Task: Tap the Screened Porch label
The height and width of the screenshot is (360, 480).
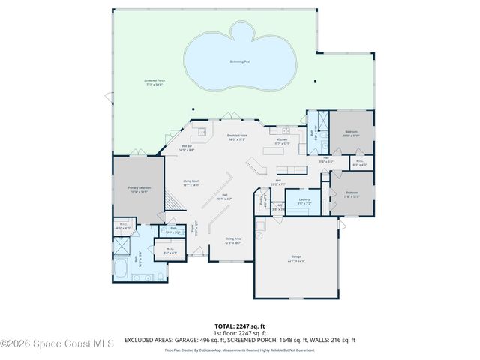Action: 154,82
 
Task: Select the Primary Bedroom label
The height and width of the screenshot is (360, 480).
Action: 139,189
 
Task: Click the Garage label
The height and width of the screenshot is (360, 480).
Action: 296,259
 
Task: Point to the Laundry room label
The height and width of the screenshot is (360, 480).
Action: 304,200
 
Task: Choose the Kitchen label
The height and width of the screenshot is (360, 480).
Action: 283,141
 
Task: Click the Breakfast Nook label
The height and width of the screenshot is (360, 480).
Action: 237,137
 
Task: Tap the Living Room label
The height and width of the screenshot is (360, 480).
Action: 191,182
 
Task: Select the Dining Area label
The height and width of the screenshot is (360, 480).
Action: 233,241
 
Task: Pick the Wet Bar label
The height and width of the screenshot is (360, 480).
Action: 187,148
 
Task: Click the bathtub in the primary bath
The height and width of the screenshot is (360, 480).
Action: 121,267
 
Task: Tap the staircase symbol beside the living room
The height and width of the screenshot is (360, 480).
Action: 172,201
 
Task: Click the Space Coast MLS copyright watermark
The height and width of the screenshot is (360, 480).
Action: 57,344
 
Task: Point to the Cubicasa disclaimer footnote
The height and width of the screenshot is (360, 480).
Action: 239,349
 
